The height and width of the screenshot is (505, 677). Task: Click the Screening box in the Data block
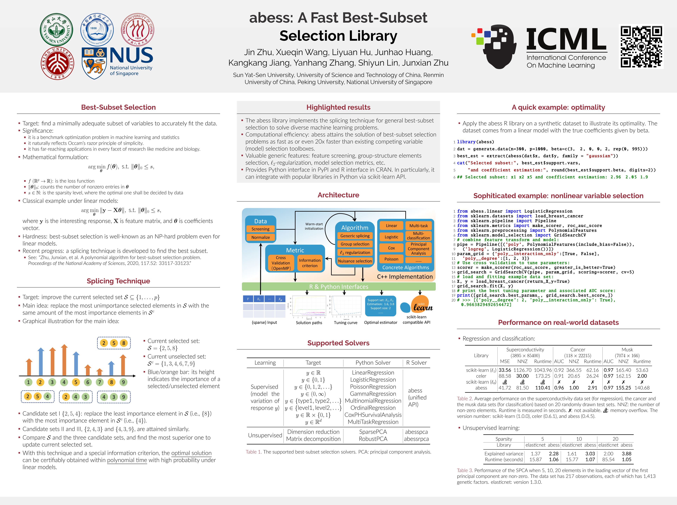pyautogui.click(x=260, y=229)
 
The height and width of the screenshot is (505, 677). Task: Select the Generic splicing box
pyautogui.click(x=355, y=236)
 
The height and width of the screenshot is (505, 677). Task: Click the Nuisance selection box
pyautogui.click(x=355, y=261)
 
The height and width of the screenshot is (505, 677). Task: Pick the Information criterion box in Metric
pyautogui.click(x=310, y=263)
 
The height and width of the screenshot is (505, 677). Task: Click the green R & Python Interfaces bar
pyautogui.click(x=338, y=287)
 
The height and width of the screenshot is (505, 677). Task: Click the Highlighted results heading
pyautogui.click(x=338, y=107)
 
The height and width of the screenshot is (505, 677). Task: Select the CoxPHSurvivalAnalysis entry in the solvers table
pyautogui.click(x=373, y=415)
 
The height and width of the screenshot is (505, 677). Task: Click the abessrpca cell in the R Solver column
pyautogui.click(x=416, y=439)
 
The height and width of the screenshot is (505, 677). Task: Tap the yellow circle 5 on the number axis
pyautogui.click(x=76, y=382)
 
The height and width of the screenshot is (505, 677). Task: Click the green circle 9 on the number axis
pyautogui.click(x=123, y=382)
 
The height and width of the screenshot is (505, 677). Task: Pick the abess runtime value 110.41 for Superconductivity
pyautogui.click(x=543, y=388)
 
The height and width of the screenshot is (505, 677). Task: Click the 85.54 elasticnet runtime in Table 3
pyautogui.click(x=608, y=459)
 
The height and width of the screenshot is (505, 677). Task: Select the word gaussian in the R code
pyautogui.click(x=599, y=156)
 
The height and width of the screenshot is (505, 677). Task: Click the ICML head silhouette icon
pyautogui.click(x=497, y=46)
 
